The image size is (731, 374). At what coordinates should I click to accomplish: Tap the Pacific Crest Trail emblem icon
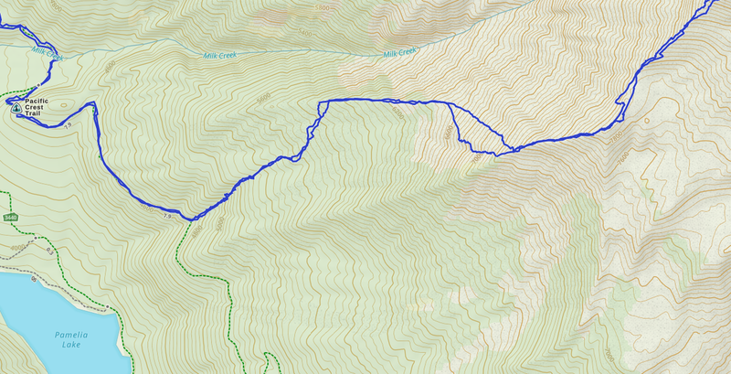[16, 107]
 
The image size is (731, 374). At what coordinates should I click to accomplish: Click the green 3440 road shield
[10, 218]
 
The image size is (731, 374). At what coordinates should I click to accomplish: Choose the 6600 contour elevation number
[448, 134]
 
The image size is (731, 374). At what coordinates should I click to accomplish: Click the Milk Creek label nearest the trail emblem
[48, 55]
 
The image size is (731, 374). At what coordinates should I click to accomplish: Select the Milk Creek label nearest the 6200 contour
[400, 53]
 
